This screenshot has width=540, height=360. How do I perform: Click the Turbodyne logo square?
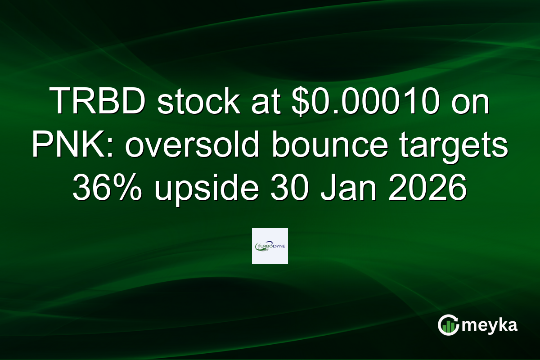[x=270, y=246]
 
